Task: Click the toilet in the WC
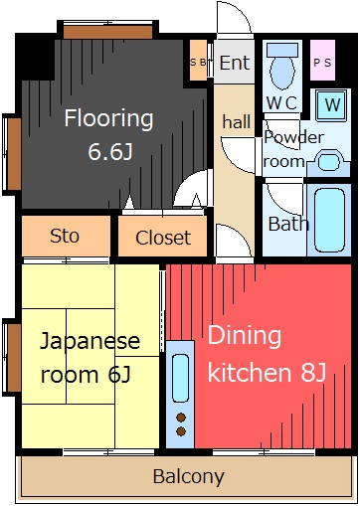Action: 282,67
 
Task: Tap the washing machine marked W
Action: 332,104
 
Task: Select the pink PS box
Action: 322,61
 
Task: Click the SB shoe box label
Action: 198,62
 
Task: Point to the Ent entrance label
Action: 235,63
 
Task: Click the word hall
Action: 237,121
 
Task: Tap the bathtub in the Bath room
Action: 329,221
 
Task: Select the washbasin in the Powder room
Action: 328,163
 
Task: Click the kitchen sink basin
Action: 181,378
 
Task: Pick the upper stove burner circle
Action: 181,418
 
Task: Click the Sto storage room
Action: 66,236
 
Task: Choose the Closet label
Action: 163,238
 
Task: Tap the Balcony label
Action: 189,476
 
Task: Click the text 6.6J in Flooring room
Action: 110,152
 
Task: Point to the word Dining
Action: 245,336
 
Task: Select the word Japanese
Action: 90,341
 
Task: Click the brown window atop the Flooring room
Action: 108,32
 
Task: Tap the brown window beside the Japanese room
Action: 14,358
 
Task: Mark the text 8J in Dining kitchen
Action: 313,372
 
